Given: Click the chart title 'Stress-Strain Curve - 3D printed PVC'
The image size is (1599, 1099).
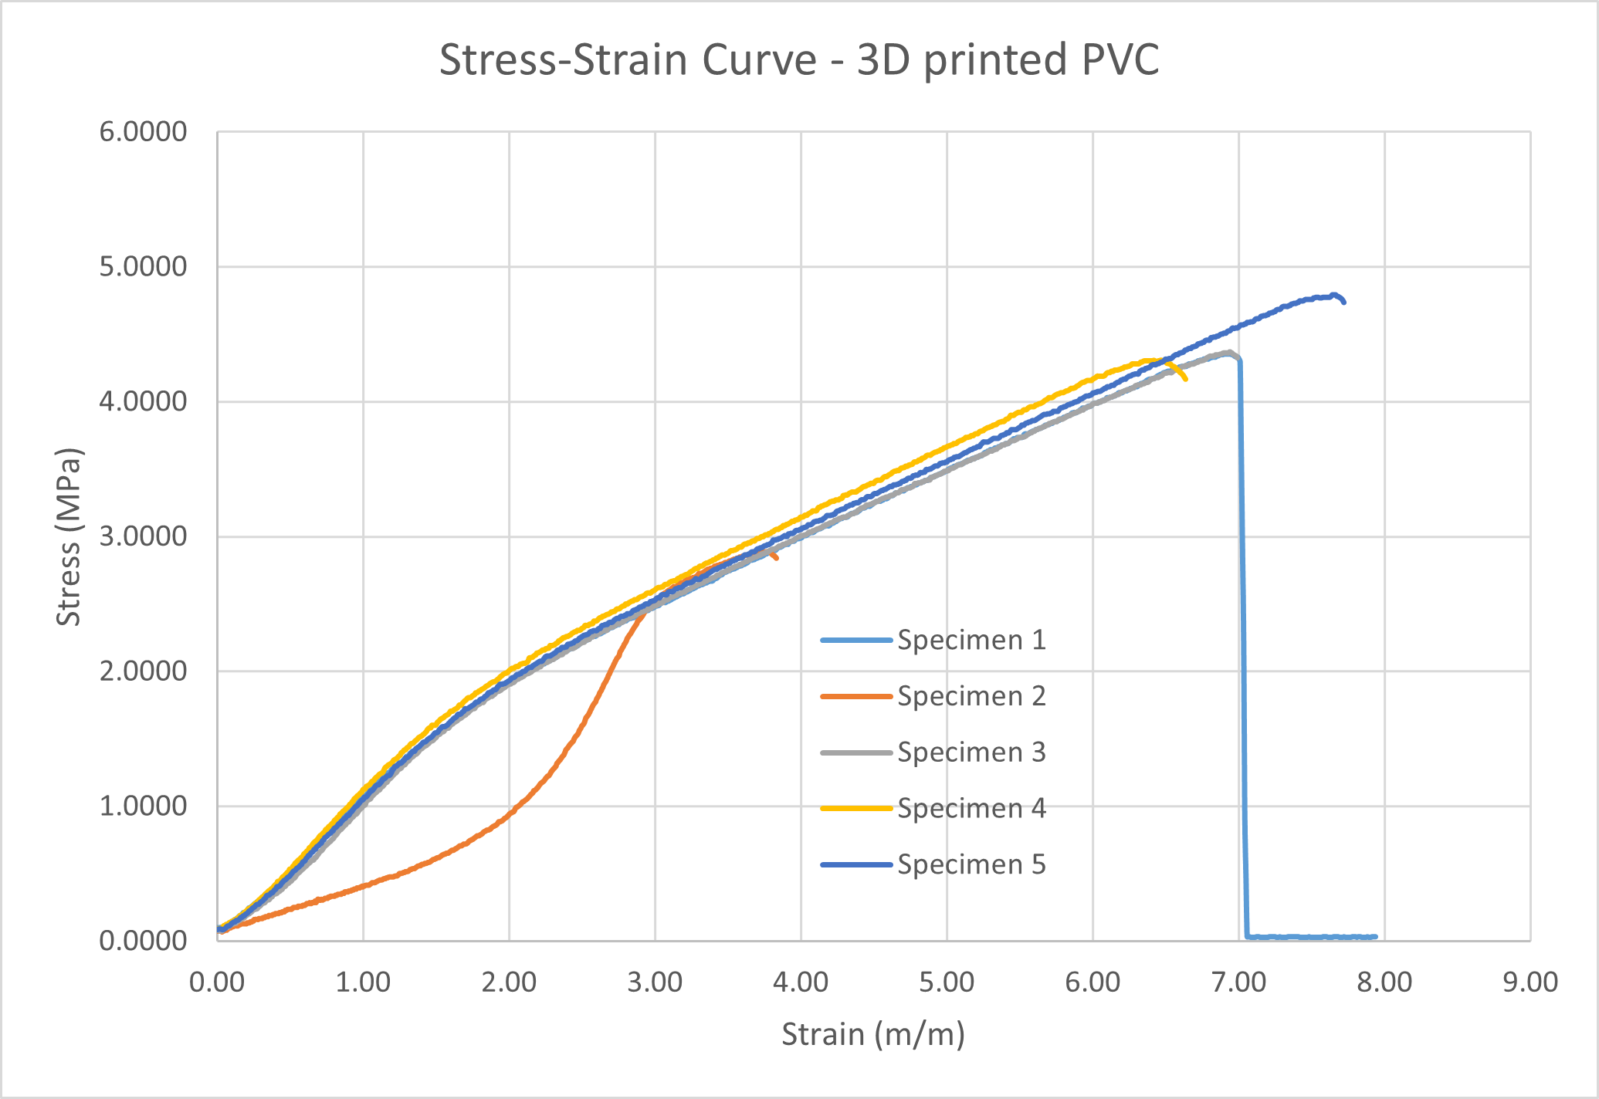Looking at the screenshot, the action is (799, 60).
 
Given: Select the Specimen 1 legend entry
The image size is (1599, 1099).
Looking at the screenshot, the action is (933, 640).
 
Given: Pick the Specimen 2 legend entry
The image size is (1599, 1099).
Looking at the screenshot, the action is (933, 696).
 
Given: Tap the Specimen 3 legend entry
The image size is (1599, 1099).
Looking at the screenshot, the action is (933, 752).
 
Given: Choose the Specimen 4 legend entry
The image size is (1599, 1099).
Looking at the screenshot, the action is (933, 808).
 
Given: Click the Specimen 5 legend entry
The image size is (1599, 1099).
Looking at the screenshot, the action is (933, 864).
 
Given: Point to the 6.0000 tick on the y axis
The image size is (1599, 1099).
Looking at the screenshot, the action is (143, 132).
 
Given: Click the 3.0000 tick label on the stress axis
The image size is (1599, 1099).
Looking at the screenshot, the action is (143, 536).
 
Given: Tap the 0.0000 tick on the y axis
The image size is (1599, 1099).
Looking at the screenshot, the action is (143, 941).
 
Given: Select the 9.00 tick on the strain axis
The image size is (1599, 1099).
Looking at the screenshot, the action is (1530, 982).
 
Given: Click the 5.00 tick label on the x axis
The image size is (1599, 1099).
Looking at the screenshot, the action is (947, 982).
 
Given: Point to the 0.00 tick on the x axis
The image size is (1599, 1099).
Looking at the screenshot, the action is (218, 982).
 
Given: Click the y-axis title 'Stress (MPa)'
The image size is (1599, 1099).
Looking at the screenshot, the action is (69, 536).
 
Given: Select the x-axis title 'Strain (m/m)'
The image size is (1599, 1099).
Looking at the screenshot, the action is (873, 1034).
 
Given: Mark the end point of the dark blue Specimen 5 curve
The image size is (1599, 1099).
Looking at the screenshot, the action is (1344, 302).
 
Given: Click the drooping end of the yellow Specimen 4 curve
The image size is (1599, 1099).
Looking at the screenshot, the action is (1185, 378).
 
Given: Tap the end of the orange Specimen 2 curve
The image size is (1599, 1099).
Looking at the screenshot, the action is (776, 558).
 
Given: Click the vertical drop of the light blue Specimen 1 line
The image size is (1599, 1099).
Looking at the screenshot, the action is (1242, 648).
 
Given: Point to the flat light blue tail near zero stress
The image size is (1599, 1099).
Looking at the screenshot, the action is (1311, 937).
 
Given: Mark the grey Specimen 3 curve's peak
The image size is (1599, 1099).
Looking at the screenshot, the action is (1228, 353).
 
